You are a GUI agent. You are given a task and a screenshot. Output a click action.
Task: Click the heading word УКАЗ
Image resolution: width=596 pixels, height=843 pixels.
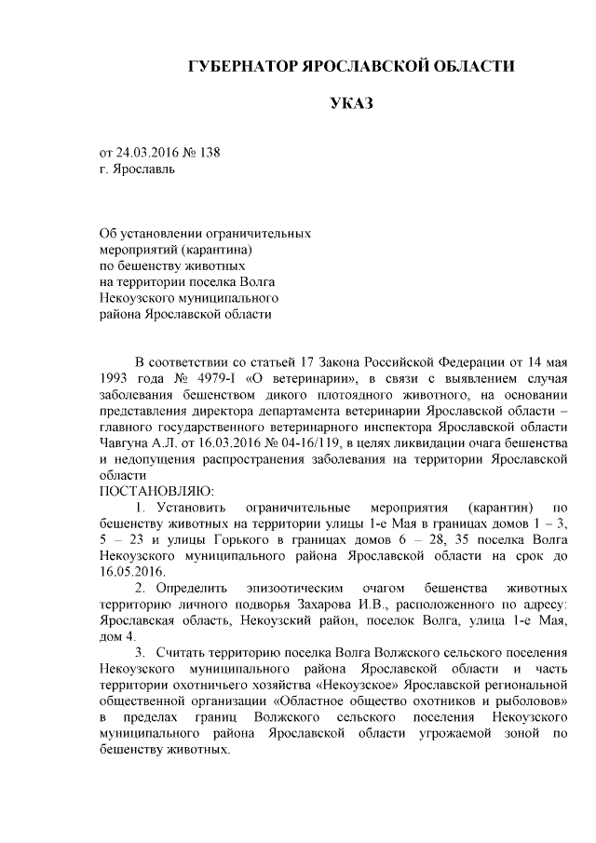coord(351,102)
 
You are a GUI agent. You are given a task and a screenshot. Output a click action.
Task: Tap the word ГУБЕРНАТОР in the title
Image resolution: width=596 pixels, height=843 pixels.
coord(240,66)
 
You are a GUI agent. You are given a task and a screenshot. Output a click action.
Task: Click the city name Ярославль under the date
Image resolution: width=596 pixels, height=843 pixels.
coord(142,170)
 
